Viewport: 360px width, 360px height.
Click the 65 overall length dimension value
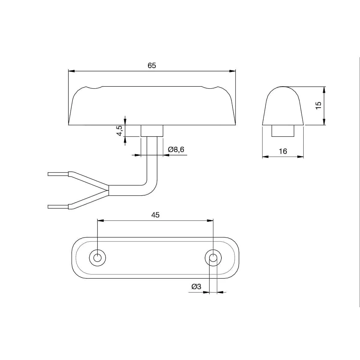point(152,66)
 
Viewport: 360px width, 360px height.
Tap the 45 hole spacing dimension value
point(155,215)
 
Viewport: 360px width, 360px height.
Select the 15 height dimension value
point(319,106)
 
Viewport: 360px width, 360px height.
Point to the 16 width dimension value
point(283,151)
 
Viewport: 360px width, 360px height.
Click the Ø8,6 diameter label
point(176,149)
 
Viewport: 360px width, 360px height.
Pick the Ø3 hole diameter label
point(196,286)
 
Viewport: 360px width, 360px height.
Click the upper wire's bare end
point(58,174)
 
